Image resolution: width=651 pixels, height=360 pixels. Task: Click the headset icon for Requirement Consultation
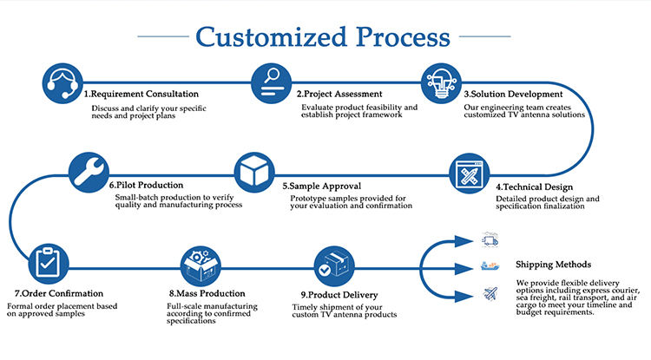click(x=62, y=83)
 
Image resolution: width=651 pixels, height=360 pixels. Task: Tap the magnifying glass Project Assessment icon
click(x=271, y=83)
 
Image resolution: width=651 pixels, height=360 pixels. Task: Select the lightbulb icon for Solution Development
click(x=441, y=83)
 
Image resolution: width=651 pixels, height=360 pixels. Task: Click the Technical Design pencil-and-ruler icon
click(x=469, y=173)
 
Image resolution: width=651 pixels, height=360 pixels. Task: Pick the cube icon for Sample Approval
click(x=254, y=172)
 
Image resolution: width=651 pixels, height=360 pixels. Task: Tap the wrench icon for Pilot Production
click(x=89, y=172)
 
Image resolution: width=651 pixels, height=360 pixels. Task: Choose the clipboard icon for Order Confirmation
click(x=48, y=264)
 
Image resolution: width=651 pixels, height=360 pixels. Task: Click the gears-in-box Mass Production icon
click(x=201, y=265)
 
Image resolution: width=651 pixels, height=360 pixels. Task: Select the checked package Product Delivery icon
click(x=334, y=265)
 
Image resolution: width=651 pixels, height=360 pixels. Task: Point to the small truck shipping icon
click(x=490, y=239)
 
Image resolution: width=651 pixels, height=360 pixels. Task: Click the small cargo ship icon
click(x=490, y=265)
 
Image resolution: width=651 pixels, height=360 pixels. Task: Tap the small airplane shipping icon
click(x=490, y=294)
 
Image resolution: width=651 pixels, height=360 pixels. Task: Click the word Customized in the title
click(x=271, y=37)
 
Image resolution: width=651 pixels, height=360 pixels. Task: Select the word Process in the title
click(x=403, y=37)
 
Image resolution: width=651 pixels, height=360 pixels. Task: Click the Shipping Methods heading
click(x=554, y=265)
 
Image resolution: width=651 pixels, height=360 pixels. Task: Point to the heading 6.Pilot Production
click(x=146, y=185)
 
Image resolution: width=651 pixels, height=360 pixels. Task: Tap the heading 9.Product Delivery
click(x=339, y=295)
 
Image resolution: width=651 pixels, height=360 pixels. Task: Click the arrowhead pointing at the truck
click(x=464, y=241)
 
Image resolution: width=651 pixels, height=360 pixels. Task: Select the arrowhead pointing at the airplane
click(x=464, y=296)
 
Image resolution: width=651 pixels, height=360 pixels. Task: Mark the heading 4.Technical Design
click(x=535, y=187)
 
